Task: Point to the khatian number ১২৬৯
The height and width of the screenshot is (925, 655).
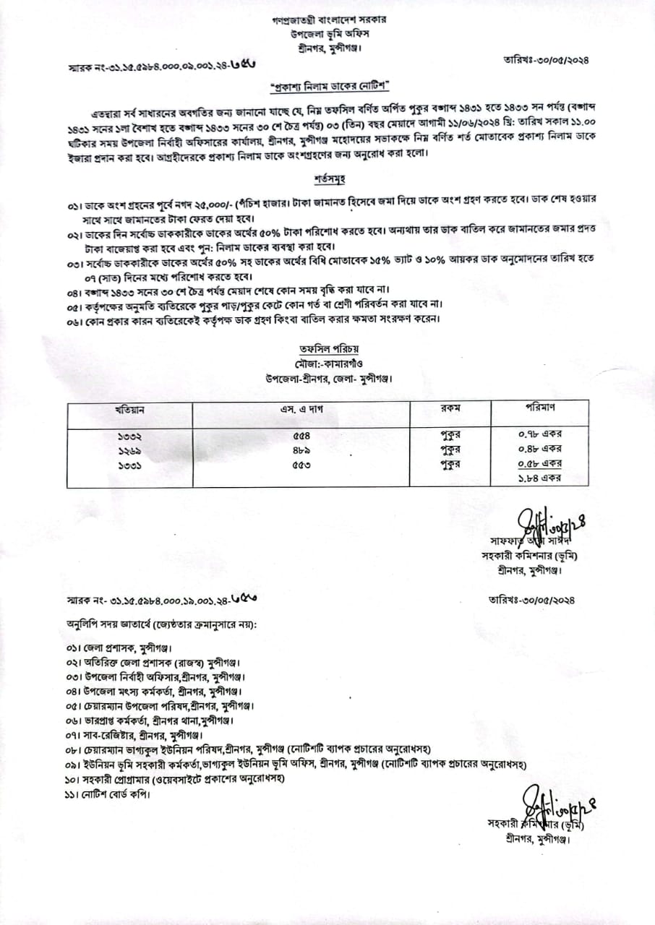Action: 130,450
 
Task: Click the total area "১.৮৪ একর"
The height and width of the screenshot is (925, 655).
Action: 541,478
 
